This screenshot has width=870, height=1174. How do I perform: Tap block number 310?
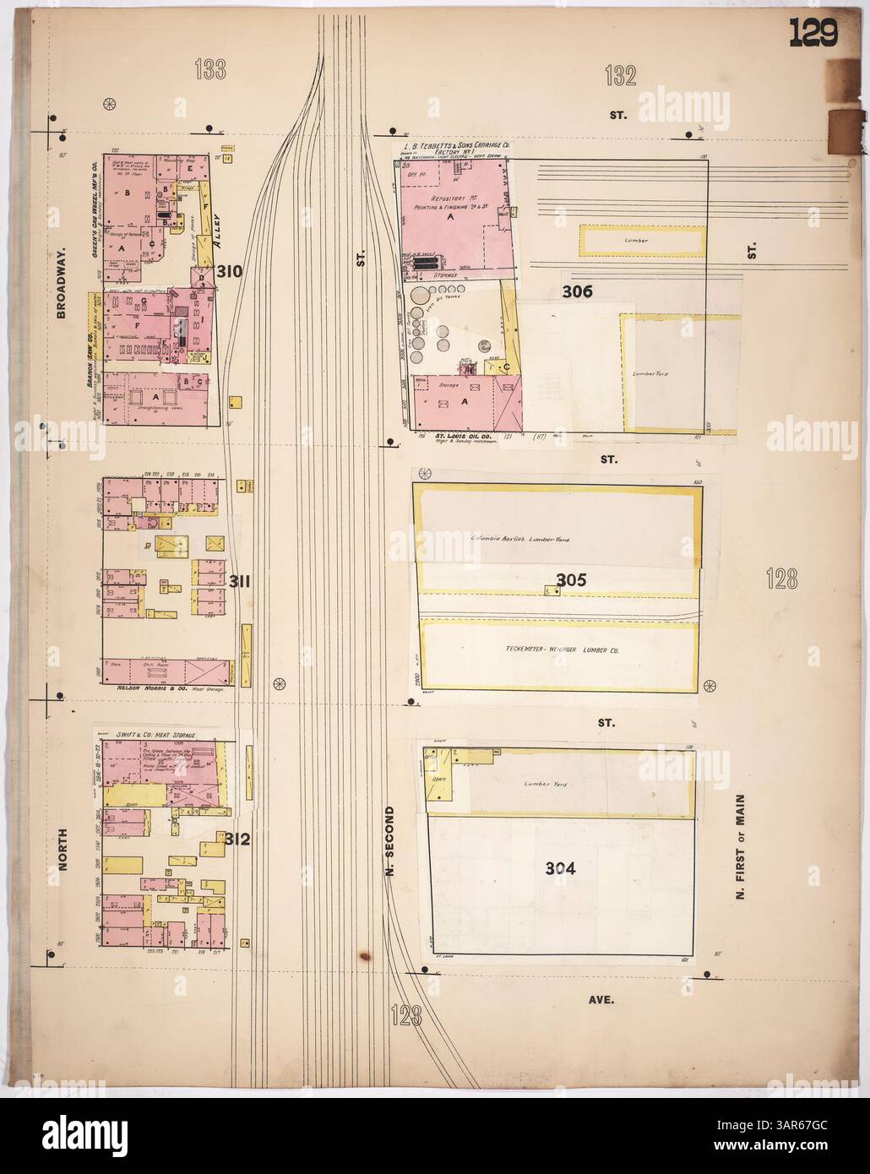pos(230,272)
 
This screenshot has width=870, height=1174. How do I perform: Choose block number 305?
pos(571,580)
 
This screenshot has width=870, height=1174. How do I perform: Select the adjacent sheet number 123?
pos(406,1014)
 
